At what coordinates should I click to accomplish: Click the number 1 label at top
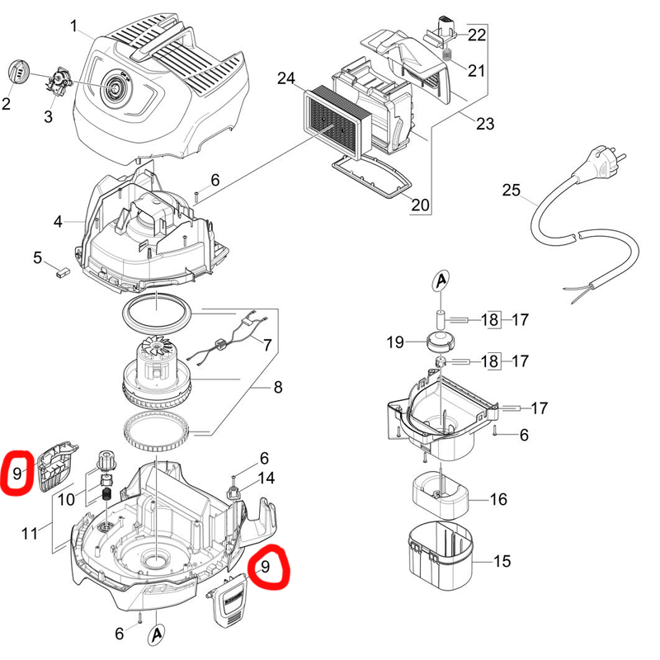pos(74,27)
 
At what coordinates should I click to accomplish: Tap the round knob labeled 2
pos(18,72)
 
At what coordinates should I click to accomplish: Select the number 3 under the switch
pos(48,117)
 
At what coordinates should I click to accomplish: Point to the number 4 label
pos(58,222)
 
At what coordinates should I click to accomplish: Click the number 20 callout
pos(420,205)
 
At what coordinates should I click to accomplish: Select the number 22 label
pos(477,35)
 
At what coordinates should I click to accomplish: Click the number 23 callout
pos(485,125)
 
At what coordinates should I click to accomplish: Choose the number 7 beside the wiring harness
pos(266,342)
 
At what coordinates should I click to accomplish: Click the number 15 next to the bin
pos(502,561)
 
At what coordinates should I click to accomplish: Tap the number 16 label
pos(498,500)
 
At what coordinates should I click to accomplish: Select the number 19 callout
pos(394,342)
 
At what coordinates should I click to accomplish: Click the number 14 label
pos(266,478)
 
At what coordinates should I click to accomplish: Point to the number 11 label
pos(29,534)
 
